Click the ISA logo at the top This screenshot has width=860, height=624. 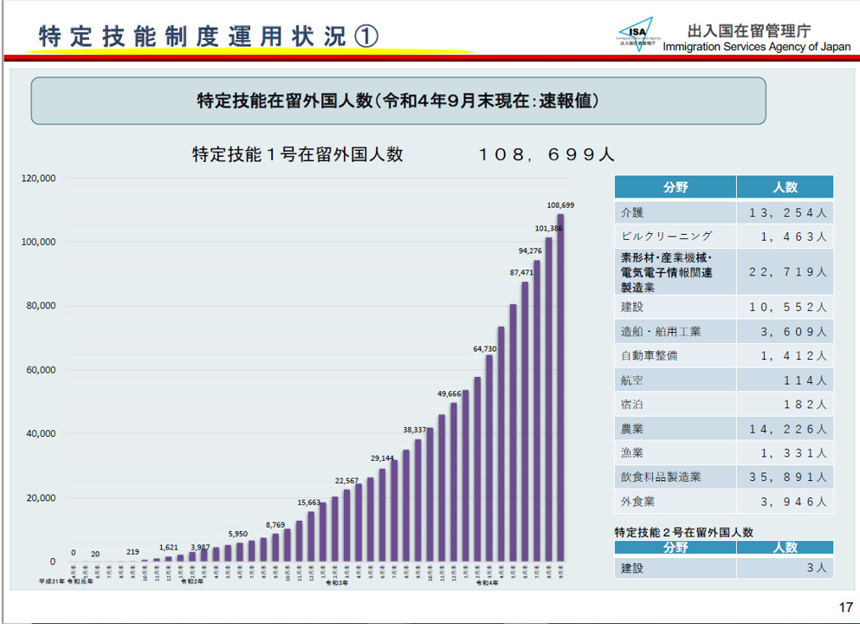[x=637, y=35]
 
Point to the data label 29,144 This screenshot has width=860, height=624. [x=382, y=458]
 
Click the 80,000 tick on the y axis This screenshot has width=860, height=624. [x=40, y=306]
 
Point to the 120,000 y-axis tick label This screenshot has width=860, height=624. [x=38, y=179]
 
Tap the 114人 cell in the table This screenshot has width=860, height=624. [x=803, y=380]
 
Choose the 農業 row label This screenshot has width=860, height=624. [x=632, y=428]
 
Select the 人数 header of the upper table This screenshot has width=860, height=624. [x=785, y=187]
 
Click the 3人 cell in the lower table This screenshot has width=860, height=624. [x=817, y=569]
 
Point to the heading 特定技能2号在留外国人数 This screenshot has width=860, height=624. [x=683, y=531]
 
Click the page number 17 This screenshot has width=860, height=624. [x=845, y=607]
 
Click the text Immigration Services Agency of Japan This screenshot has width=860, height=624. [x=757, y=47]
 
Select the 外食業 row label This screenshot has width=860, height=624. [x=638, y=501]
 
